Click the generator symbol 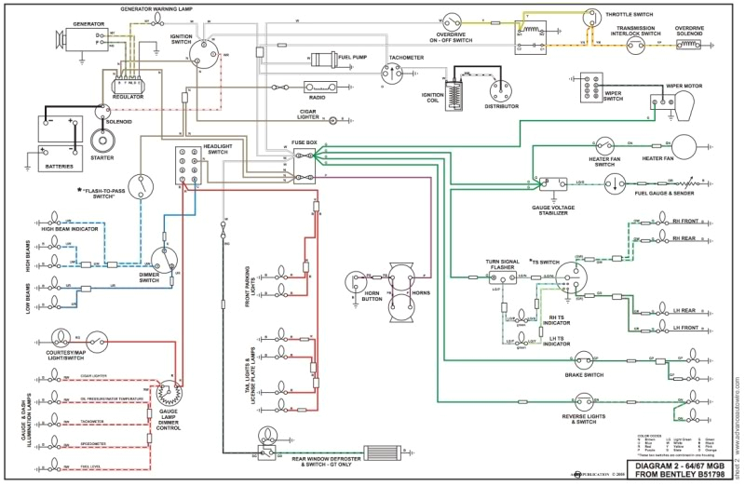point(74,39)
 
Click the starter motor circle point(102,141)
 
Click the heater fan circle point(686,150)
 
